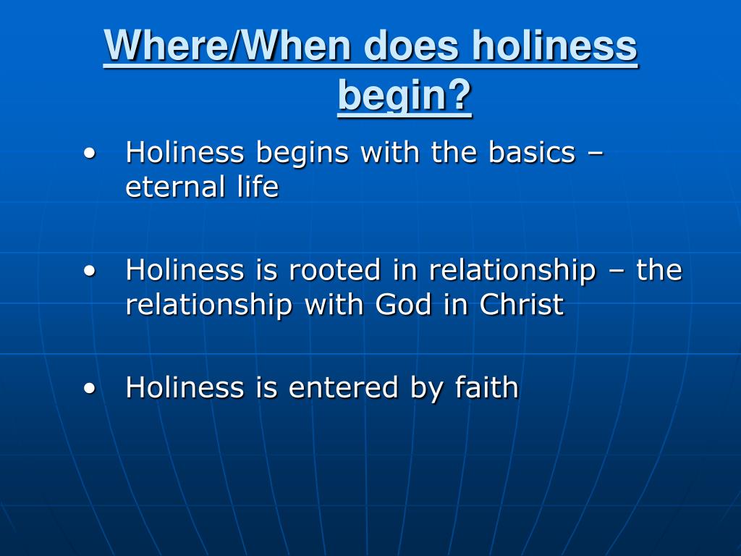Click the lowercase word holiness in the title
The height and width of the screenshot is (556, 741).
554,46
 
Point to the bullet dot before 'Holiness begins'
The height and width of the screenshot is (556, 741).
89,153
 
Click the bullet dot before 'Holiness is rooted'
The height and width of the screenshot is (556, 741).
89,271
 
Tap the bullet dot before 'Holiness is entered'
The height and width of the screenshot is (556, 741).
89,388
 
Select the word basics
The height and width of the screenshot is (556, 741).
531,153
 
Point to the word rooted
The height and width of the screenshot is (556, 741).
335,270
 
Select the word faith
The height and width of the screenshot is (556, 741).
487,387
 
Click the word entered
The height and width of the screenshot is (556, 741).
343,387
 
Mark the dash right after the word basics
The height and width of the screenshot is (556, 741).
595,154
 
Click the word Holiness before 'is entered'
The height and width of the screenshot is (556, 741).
185,387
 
